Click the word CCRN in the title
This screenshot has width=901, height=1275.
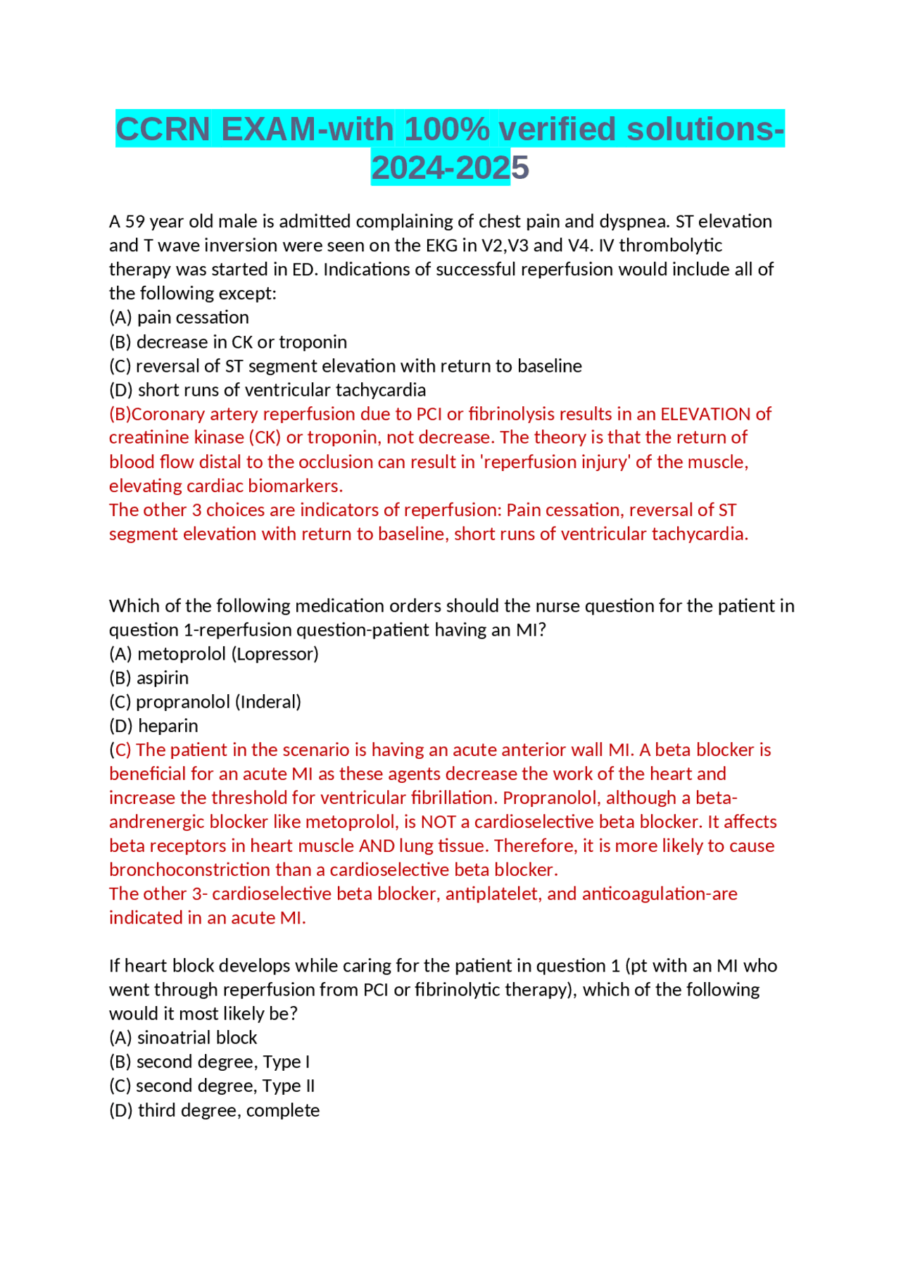pyautogui.click(x=163, y=130)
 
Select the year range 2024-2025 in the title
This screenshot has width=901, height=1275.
pyautogui.click(x=450, y=168)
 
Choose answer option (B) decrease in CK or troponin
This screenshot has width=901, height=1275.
pyautogui.click(x=228, y=342)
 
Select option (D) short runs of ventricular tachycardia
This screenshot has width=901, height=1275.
pyautogui.click(x=267, y=390)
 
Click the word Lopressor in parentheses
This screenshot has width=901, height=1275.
pyautogui.click(x=275, y=654)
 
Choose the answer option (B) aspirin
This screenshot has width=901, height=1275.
pyautogui.click(x=149, y=678)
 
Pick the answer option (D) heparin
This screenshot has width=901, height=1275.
pyautogui.click(x=153, y=726)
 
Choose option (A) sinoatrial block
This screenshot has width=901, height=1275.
pyautogui.click(x=183, y=1038)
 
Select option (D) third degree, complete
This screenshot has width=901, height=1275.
pyautogui.click(x=214, y=1110)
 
